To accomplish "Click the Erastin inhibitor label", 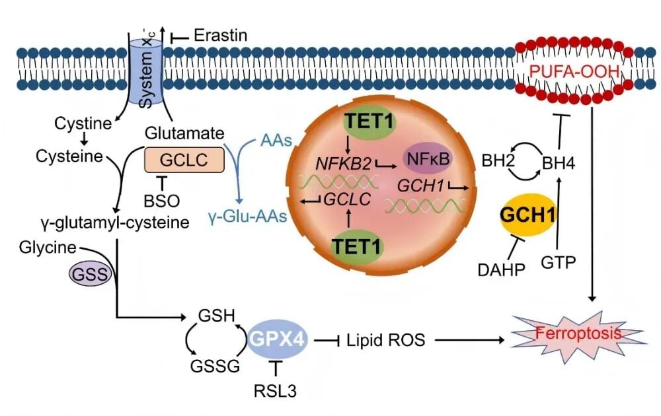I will pyautogui.click(x=221, y=35).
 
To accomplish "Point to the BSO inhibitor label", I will pyautogui.click(x=161, y=200).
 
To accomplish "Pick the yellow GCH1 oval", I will pyautogui.click(x=527, y=215).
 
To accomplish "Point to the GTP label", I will pyautogui.click(x=558, y=262).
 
